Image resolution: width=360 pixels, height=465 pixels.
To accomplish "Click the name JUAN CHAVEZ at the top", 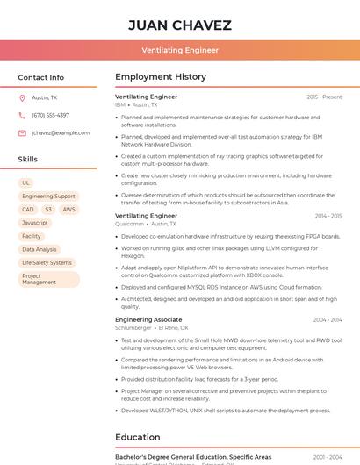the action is click(x=180, y=25).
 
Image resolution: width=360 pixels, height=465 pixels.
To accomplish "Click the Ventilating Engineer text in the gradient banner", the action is click(x=180, y=50).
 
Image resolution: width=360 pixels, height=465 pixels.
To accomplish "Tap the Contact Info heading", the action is click(x=41, y=77).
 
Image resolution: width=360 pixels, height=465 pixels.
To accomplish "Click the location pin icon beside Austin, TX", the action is click(x=22, y=97).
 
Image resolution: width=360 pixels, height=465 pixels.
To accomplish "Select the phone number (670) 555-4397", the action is click(x=50, y=115).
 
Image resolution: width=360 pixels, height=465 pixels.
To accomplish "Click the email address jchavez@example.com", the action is click(x=61, y=132).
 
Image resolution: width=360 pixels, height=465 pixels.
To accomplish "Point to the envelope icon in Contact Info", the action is click(x=22, y=132).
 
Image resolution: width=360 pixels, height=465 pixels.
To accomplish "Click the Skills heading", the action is click(x=28, y=159).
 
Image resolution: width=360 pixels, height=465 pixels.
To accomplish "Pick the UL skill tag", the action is click(x=26, y=182).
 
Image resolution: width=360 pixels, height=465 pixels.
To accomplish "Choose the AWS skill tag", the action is click(x=68, y=210).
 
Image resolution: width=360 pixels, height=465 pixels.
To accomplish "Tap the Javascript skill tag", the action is click(x=35, y=223).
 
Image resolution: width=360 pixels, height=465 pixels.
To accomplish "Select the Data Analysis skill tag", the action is click(x=39, y=249).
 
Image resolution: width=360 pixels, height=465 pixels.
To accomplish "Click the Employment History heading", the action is click(x=161, y=77).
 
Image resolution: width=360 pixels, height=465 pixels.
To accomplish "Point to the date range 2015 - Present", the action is click(x=324, y=97).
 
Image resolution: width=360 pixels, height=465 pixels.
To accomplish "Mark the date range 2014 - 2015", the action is click(x=328, y=215).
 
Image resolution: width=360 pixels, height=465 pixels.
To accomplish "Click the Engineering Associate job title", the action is click(x=148, y=319).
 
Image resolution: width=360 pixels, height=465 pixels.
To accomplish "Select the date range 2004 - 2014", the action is click(x=327, y=319).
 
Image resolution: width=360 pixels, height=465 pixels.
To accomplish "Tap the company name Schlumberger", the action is click(x=134, y=327).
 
